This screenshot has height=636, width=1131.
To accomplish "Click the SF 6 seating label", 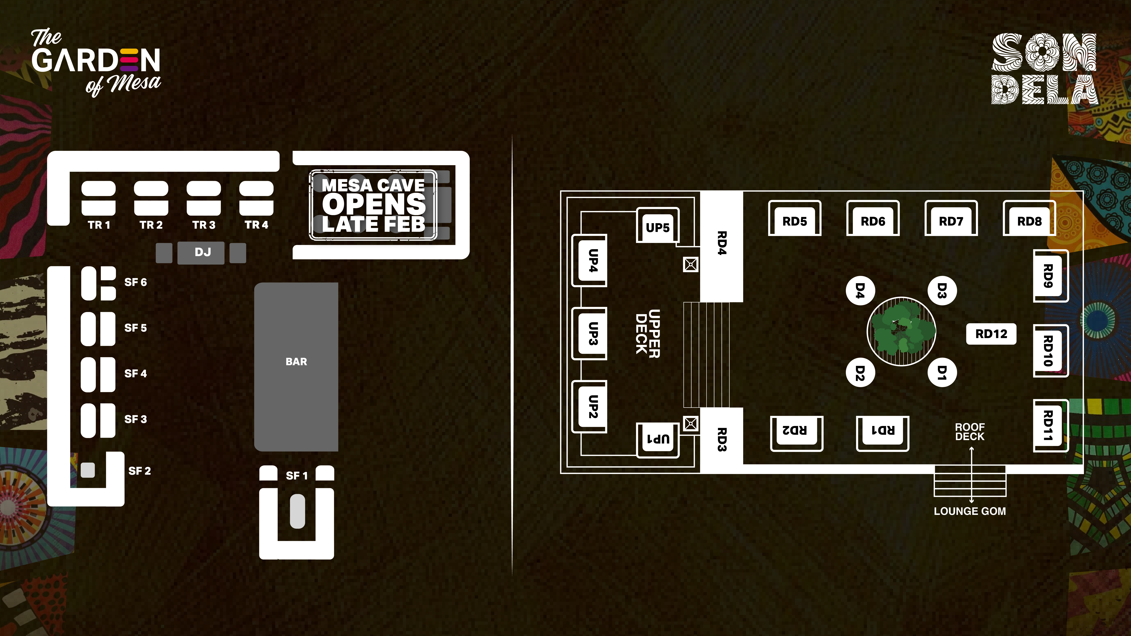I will point(135,282).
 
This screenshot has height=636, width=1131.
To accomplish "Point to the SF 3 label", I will point(135,419).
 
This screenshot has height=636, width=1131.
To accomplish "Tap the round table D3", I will point(942,291).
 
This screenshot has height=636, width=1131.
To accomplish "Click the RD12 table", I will point(991,334).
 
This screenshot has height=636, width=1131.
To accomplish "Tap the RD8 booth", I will point(1029,221).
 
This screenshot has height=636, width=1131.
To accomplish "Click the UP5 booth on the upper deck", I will point(657,227).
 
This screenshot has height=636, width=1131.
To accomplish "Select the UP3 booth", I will point(593,334).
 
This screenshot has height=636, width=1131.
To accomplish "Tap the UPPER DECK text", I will point(648,334).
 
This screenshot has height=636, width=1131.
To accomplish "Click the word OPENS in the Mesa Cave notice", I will point(374,204).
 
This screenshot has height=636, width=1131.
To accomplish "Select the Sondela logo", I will point(1044,69).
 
